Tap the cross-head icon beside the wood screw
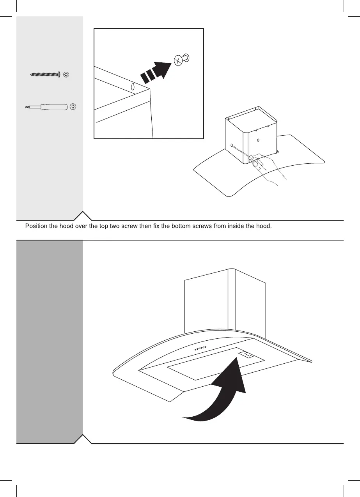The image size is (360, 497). [x=67, y=74]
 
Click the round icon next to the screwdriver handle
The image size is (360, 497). [x=73, y=106]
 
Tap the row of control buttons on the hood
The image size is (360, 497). [x=200, y=348]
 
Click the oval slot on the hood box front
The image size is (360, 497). [x=258, y=140]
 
